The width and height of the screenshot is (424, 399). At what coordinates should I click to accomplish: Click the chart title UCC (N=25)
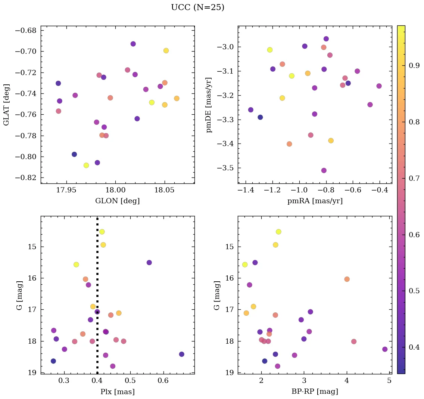[197, 7]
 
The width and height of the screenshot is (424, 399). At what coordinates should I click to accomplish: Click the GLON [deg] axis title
[118, 201]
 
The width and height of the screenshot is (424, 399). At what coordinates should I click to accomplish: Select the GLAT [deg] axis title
[6, 105]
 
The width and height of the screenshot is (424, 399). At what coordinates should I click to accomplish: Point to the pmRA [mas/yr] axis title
[315, 201]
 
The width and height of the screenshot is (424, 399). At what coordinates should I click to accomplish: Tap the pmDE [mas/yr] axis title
[209, 105]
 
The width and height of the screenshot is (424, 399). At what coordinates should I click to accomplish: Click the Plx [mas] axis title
[118, 392]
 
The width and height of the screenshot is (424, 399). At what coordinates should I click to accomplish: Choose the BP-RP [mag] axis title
[315, 392]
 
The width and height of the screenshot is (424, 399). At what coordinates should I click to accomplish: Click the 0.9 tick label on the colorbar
[414, 65]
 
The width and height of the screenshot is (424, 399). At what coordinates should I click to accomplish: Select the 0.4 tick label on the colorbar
[414, 347]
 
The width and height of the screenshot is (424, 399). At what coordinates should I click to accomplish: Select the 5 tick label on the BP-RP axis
[389, 381]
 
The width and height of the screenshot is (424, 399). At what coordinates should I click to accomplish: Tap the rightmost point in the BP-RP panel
[385, 349]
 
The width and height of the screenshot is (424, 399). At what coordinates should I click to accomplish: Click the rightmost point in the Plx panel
[181, 354]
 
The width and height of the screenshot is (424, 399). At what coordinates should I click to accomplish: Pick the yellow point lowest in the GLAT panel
[86, 165]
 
